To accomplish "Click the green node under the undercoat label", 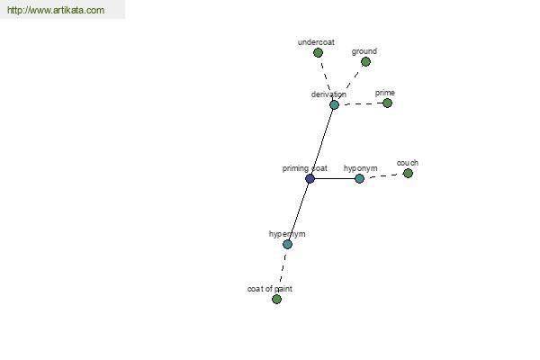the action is (318, 53).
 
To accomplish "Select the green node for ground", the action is (365, 62).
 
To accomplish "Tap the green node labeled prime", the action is (387, 103).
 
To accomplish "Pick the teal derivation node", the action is (334, 104).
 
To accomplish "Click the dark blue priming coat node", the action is (310, 178).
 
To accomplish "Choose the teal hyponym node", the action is (359, 178).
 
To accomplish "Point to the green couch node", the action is (408, 174).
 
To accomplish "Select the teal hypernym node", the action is (288, 244).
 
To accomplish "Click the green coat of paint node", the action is (276, 299).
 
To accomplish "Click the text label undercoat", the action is (316, 42).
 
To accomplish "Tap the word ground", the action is (364, 51).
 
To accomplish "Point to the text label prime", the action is (385, 93).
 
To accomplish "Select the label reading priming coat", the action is (305, 168).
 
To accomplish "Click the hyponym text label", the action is (361, 168).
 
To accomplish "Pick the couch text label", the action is (408, 163).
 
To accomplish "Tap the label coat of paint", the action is (270, 289).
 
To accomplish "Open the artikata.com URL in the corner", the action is (56, 10).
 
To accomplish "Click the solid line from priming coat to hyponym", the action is (335, 178).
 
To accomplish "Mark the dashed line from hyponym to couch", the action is (383, 176).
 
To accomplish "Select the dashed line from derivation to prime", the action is (361, 103).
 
